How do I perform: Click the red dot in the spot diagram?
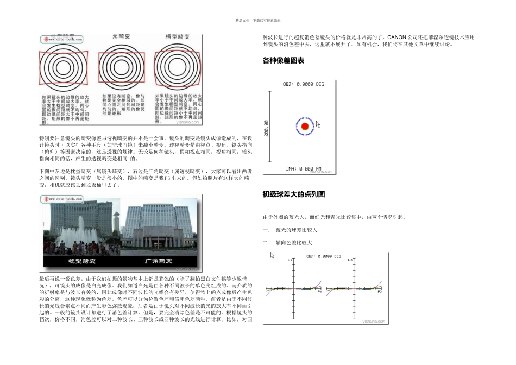pyautogui.click(x=305, y=127)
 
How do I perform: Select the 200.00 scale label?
pyautogui.click(x=266, y=128)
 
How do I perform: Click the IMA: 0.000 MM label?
pyautogui.click(x=304, y=168)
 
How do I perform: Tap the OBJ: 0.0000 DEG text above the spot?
pyautogui.click(x=304, y=84)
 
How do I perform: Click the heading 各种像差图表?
pyautogui.click(x=283, y=61)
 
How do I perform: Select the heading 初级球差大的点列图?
pyautogui.click(x=293, y=194)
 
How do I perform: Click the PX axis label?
pyautogui.click(x=380, y=292)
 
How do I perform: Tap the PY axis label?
pyautogui.click(x=319, y=292)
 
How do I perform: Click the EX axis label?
pyautogui.click(x=350, y=260)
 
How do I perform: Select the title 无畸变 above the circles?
pyautogui.click(x=120, y=36)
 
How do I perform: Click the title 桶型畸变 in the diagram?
pyautogui.click(x=177, y=36)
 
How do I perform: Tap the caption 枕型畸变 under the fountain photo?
pyautogui.click(x=81, y=262)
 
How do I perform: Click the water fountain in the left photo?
pyautogui.click(x=76, y=236)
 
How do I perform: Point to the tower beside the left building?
pyautogui.click(x=116, y=223)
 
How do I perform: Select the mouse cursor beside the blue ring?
pyautogui.click(x=318, y=125)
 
